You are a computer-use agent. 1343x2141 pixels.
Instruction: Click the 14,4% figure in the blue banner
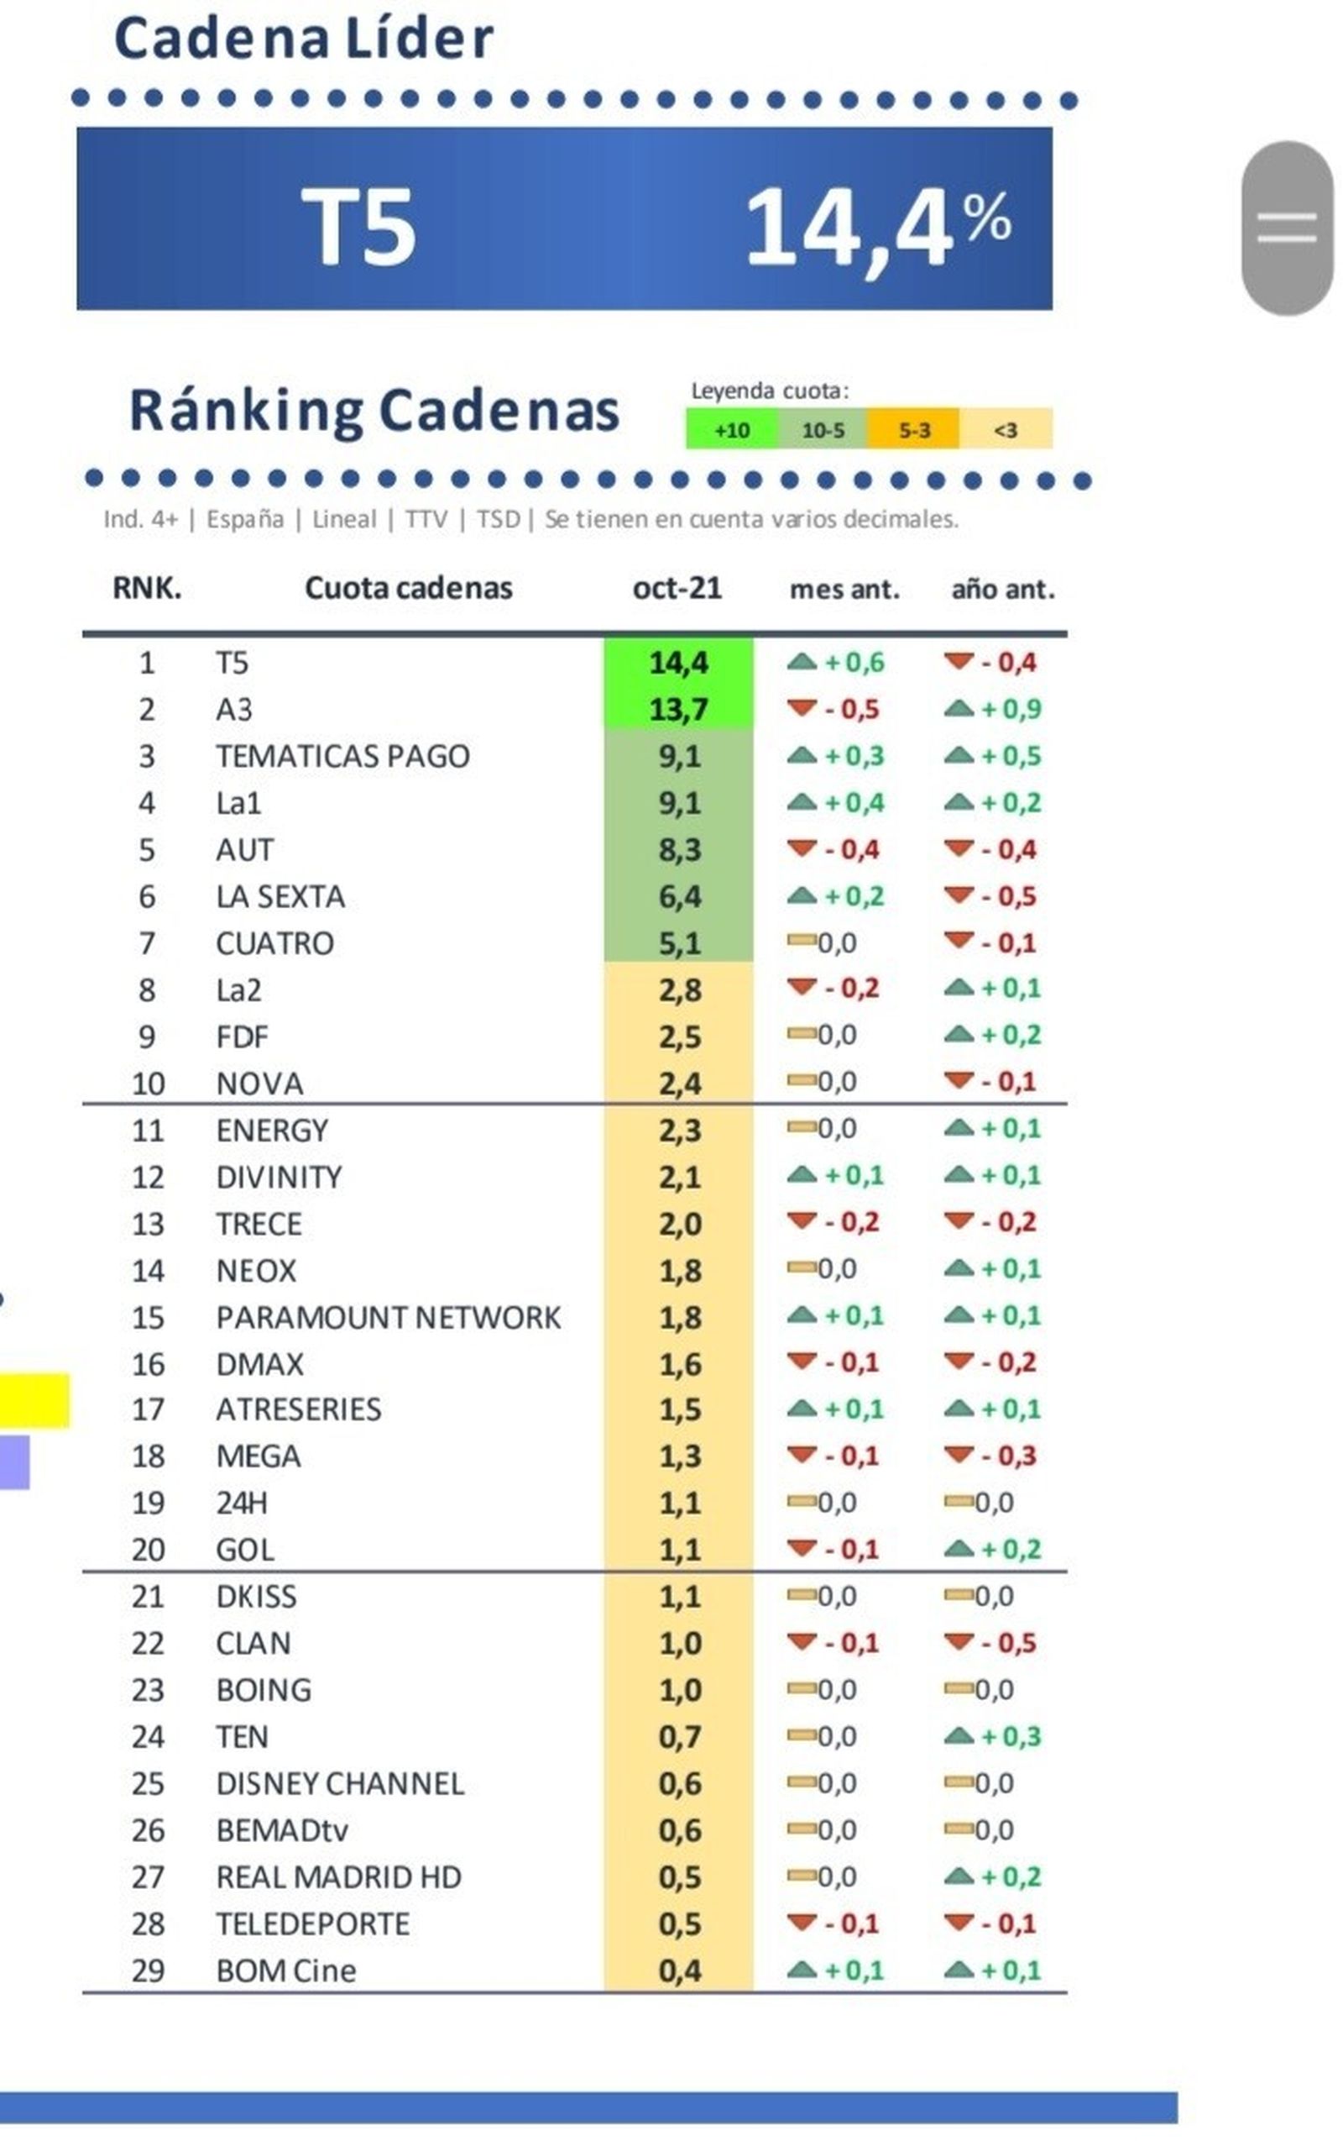[878, 227]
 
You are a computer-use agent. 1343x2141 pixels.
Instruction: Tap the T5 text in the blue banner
[358, 228]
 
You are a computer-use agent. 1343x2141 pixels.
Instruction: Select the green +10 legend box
[732, 430]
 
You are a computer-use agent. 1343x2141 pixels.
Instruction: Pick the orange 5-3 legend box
[914, 430]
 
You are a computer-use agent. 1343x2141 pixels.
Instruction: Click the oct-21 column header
[677, 588]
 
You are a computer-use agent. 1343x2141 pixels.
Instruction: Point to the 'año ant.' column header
[1003, 590]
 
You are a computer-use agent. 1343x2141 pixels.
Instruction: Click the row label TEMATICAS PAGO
[342, 756]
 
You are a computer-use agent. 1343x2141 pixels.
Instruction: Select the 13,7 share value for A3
[678, 709]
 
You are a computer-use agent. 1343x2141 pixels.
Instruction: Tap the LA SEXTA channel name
[280, 896]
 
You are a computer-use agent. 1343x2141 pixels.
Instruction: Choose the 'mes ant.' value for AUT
[835, 850]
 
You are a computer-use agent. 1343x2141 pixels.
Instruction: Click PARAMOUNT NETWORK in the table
[388, 1317]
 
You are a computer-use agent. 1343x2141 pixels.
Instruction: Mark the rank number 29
[149, 1970]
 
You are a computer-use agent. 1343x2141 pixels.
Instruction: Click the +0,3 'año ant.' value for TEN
[993, 1737]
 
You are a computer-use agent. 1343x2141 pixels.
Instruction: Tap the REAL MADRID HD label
[338, 1877]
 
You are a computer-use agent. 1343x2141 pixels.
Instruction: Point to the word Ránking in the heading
[246, 411]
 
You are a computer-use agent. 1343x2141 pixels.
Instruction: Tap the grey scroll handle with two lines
[1286, 228]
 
